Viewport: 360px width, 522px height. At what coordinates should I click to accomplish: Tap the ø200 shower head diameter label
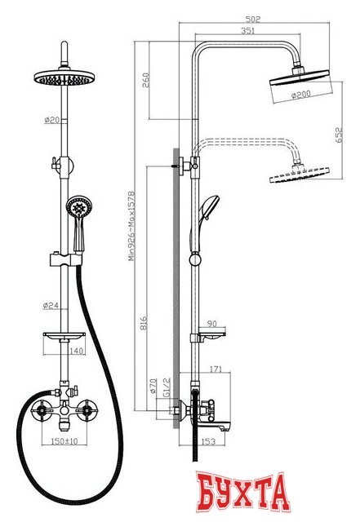tap(302, 95)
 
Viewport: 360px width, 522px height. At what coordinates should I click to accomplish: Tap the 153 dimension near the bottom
tap(208, 442)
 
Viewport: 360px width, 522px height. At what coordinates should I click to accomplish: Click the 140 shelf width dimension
tap(77, 351)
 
